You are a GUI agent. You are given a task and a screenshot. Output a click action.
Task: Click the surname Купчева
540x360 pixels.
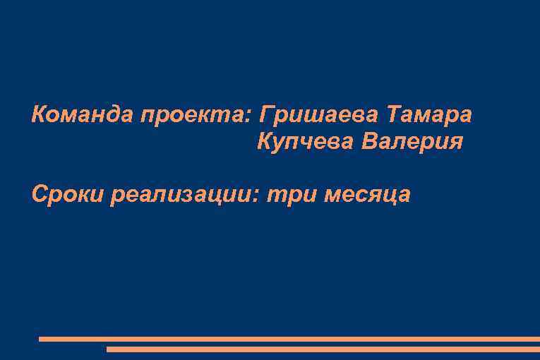tap(305, 142)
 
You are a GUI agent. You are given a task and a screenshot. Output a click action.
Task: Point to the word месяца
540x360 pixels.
tap(367, 195)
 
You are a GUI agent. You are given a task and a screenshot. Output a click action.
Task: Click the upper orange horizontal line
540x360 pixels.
tap(289, 339)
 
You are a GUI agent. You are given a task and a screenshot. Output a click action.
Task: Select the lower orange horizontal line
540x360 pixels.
tap(323, 349)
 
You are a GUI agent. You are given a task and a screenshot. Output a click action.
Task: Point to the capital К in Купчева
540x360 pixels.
tap(265, 142)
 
